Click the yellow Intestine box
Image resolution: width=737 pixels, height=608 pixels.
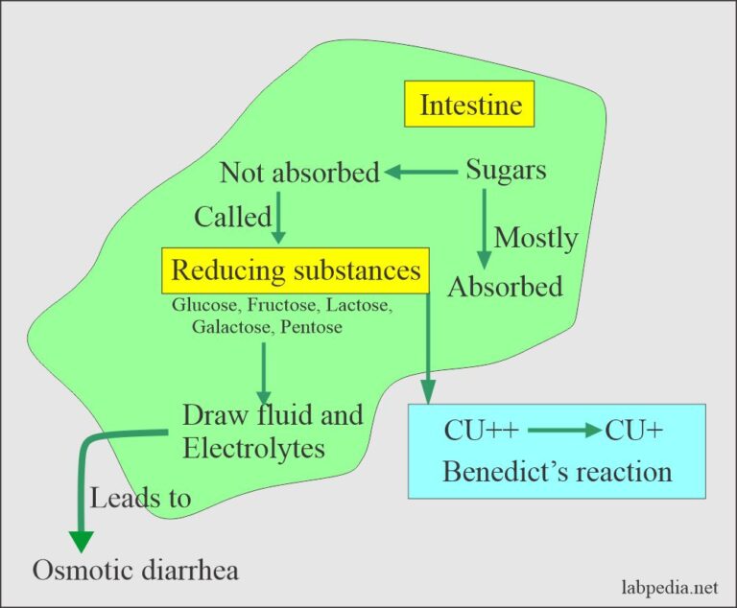pos(470,104)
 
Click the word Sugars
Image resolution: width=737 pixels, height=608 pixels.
pos(506,171)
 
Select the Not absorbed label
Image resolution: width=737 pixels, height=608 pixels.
pos(299,173)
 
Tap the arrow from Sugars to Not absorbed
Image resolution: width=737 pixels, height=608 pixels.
pos(421,173)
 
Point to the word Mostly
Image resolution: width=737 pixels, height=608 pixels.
pos(535,237)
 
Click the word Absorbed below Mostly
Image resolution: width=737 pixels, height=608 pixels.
pos(505,286)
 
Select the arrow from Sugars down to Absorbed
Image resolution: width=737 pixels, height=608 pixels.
pos(484,230)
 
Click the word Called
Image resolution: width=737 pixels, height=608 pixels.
pos(232,217)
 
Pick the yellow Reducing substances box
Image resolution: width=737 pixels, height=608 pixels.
pos(296,270)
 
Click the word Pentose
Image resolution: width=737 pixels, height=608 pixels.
pos(315,328)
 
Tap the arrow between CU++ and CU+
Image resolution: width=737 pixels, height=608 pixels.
pos(562,431)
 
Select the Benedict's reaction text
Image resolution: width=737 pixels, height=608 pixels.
pos(557,471)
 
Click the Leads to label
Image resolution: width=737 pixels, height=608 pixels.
pos(140,498)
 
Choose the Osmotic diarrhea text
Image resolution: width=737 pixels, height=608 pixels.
pos(135,570)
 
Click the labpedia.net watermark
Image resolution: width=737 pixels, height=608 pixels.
pos(668,585)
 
